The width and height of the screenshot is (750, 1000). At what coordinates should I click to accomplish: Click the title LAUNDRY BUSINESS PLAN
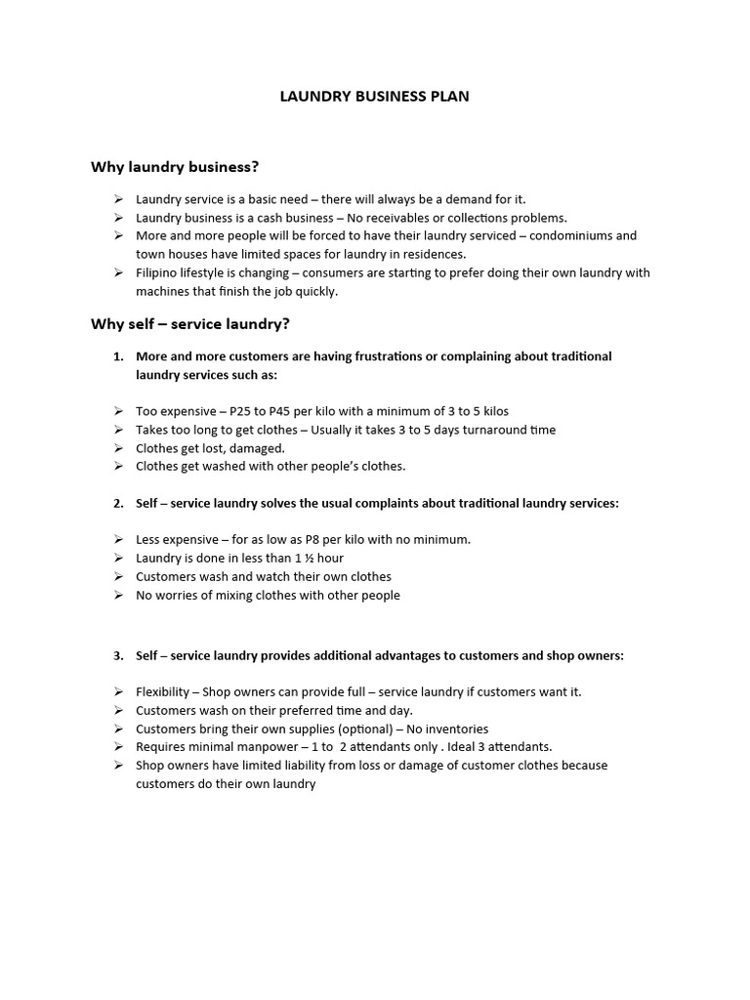pyautogui.click(x=375, y=97)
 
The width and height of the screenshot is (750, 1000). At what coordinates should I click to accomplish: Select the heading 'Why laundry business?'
pyautogui.click(x=175, y=167)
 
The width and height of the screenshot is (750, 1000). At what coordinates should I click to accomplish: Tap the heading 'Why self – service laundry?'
pyautogui.click(x=190, y=323)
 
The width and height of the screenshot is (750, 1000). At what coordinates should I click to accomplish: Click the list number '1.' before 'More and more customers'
pyautogui.click(x=118, y=356)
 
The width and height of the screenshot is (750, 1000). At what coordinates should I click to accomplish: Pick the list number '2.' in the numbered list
pyautogui.click(x=118, y=503)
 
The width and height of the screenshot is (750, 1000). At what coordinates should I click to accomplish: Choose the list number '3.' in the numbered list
pyautogui.click(x=118, y=656)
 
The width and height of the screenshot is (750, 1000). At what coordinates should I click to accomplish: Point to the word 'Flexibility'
pyautogui.click(x=163, y=691)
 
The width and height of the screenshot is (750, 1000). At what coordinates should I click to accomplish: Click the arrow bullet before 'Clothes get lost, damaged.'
pyautogui.click(x=118, y=448)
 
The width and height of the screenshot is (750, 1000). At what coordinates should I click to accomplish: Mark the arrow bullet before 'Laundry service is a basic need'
pyautogui.click(x=118, y=199)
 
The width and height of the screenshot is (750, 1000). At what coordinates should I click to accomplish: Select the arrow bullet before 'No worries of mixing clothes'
pyautogui.click(x=118, y=596)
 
